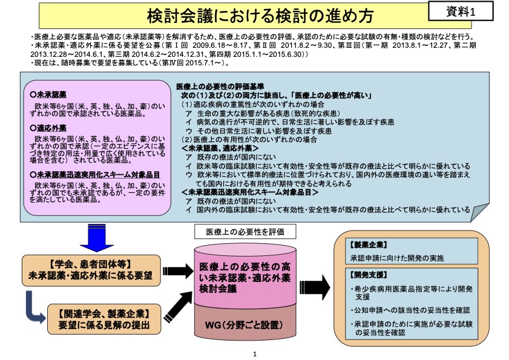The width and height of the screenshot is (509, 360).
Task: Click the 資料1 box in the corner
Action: point(461,11)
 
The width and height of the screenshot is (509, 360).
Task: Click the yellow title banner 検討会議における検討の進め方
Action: point(255,16)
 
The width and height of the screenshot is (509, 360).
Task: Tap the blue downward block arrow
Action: point(96,238)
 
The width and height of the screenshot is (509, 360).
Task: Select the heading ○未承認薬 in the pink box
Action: point(48,95)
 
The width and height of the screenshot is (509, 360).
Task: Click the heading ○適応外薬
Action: point(48,128)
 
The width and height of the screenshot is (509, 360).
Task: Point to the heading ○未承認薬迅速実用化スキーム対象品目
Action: point(95,175)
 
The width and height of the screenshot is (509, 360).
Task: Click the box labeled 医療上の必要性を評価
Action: point(245,232)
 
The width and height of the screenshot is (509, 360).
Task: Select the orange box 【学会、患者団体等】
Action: point(91,270)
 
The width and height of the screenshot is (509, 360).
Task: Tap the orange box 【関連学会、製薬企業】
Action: point(104,319)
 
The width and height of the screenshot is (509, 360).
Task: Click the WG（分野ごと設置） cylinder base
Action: point(245,325)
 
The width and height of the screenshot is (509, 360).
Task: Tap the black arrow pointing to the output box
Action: point(315,287)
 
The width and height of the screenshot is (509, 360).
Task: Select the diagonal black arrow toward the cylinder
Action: point(179,307)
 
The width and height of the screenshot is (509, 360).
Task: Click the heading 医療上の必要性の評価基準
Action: point(220,87)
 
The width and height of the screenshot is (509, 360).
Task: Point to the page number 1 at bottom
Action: point(254,354)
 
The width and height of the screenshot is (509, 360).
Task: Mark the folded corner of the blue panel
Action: point(480,212)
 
